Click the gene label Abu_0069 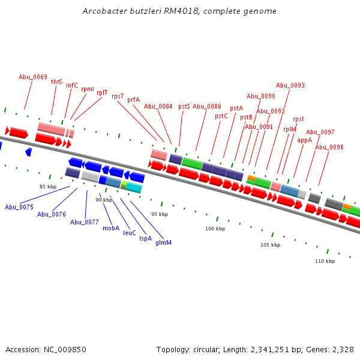pos(33,77)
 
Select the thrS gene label pos(56,82)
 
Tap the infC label pos(72,85)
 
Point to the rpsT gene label pos(118,96)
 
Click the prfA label pos(133,100)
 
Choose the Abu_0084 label pos(158,106)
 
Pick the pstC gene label pos(221,116)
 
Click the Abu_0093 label pos(290,85)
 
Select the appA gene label pos(304,140)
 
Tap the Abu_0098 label pos(329,147)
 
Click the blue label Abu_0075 pos(19,207)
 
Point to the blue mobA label pos(111,228)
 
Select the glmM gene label pos(164,242)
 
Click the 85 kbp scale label pos(48,187)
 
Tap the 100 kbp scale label pos(215,229)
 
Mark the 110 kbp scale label pos(325,261)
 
